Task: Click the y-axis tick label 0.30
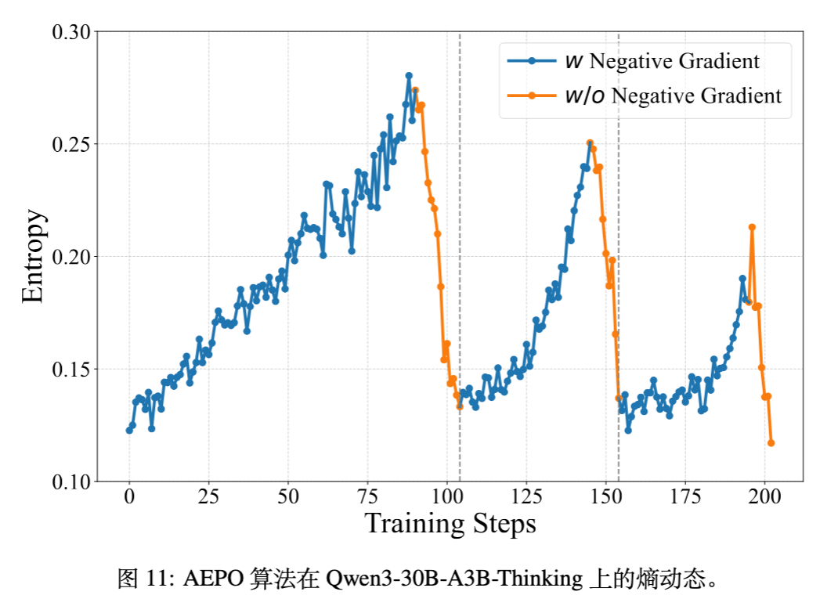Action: click(71, 33)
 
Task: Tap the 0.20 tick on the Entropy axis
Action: click(71, 258)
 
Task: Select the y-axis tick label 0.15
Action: click(71, 370)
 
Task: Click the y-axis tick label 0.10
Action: click(71, 482)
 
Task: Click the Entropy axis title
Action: click(34, 256)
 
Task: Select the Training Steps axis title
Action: click(450, 523)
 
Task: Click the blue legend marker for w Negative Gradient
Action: click(532, 60)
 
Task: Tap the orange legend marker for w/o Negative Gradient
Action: click(532, 96)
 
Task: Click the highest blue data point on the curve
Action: click(409, 76)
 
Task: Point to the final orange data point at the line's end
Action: click(771, 443)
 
